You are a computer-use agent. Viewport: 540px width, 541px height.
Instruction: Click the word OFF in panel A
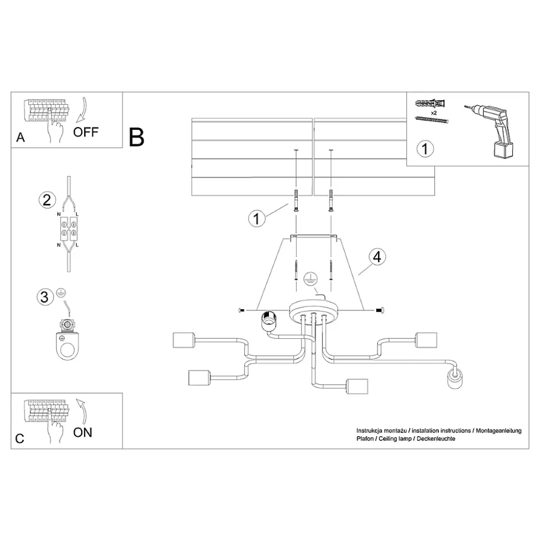86,132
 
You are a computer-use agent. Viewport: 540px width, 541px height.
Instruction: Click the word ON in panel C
83,432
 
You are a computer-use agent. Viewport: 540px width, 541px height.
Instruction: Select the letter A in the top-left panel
21,138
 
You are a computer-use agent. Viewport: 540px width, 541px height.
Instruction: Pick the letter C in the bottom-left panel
20,438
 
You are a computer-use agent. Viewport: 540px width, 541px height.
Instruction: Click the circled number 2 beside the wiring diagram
47,200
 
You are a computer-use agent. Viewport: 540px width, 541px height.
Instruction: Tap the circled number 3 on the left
46,296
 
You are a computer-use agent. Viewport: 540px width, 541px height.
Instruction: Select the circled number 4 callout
377,257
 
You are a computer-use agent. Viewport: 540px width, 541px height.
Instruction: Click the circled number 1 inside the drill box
425,149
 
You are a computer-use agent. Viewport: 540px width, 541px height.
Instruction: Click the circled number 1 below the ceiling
256,219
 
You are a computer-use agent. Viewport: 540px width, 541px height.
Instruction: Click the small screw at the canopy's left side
241,310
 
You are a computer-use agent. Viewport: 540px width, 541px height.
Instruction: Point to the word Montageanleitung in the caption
499,431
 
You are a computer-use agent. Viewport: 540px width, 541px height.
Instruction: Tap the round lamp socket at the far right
455,381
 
